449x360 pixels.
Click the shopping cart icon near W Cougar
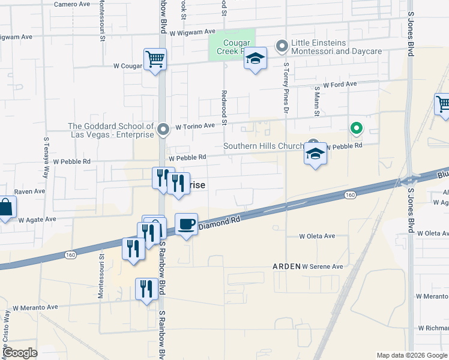155,60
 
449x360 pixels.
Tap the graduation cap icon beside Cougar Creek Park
256,59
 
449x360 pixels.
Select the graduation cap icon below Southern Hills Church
315,155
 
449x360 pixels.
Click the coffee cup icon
186,225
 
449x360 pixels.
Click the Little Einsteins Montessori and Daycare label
336,47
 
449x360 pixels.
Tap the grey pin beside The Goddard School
163,129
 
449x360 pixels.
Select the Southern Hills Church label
265,146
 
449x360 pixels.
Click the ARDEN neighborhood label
286,266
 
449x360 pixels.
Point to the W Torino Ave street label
194,127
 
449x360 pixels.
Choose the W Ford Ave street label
340,85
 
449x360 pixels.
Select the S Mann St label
316,102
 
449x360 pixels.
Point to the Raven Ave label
29,191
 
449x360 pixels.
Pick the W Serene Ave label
322,266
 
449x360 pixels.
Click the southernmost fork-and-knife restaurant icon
146,290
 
